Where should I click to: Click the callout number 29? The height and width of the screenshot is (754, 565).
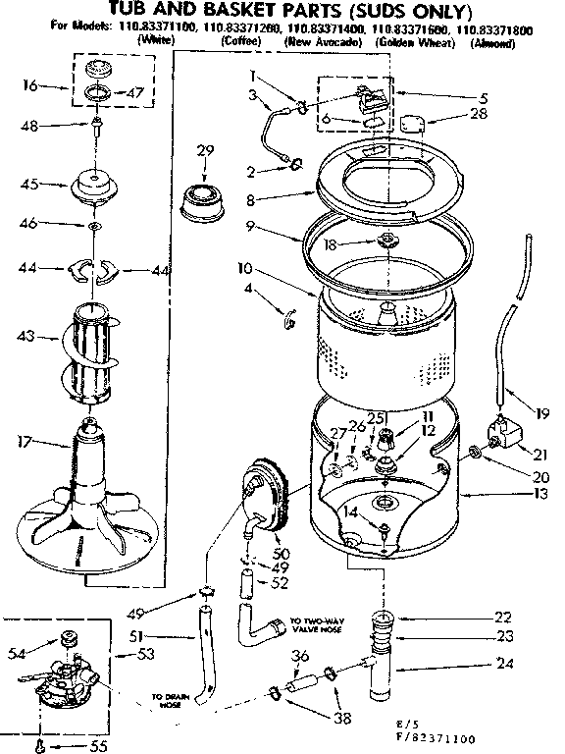pos(204,150)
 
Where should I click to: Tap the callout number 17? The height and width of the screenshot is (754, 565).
pos(26,442)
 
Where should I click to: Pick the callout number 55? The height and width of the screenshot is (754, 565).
pos(67,743)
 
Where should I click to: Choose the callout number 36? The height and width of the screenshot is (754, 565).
pos(301,658)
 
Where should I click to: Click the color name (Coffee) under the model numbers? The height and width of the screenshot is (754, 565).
pos(240,43)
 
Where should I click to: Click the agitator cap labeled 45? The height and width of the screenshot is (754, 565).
pos(94,187)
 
